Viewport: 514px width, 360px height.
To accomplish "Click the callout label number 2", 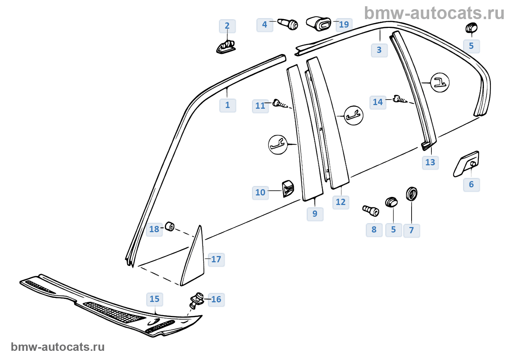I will point(227,26).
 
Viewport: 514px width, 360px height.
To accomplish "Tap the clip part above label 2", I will point(226,47).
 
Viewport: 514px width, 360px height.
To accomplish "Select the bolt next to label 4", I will point(288,24).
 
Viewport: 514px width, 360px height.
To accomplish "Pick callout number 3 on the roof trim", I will point(379,50).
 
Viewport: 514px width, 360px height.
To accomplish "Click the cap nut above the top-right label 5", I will point(471,28).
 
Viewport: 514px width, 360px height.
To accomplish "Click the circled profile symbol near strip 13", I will point(439,83).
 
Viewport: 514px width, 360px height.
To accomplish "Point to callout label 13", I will point(430,162).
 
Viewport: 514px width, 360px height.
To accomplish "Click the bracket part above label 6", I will point(467,163).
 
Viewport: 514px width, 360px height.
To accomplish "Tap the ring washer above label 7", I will point(412,193).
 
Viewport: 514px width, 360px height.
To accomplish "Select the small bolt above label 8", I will point(371,210).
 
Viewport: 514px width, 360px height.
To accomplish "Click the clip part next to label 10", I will point(288,188).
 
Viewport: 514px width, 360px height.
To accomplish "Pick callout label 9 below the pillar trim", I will point(315,214).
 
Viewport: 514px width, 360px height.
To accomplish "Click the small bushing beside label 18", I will point(170,226).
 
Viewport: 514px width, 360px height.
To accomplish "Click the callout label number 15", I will point(155,299).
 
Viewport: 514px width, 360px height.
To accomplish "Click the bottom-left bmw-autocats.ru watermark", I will point(58,347).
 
